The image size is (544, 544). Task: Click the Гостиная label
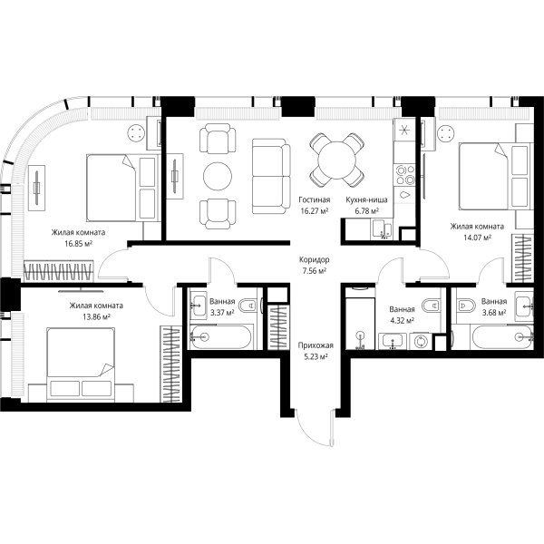(315, 199)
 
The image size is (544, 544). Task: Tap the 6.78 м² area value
(366, 211)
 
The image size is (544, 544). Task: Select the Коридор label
(315, 259)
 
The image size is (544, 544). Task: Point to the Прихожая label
(316, 345)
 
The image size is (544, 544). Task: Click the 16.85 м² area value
(78, 244)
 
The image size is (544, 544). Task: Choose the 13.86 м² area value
(96, 316)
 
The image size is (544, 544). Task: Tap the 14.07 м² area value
(477, 238)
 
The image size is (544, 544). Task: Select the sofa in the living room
(271, 176)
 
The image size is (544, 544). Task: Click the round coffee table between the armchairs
(218, 176)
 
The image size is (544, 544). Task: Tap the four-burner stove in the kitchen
(405, 175)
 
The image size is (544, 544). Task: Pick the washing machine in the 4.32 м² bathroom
(421, 341)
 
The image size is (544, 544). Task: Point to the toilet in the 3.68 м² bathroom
(466, 306)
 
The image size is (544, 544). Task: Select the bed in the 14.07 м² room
(496, 177)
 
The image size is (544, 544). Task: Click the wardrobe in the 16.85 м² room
(59, 271)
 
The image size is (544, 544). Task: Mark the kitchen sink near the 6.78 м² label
(383, 229)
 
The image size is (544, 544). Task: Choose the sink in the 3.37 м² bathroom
(199, 306)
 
